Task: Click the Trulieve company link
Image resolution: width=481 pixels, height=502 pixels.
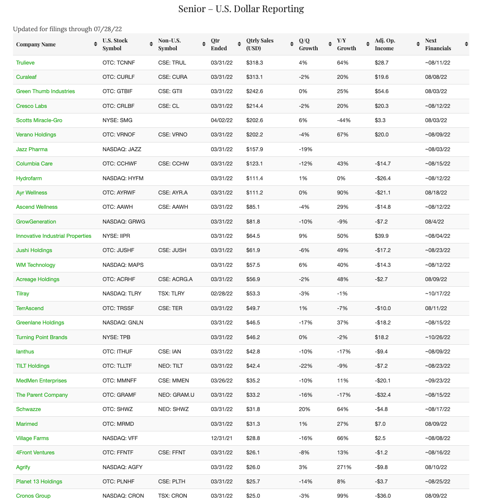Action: [25, 63]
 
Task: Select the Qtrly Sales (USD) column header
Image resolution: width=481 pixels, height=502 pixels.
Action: [260, 44]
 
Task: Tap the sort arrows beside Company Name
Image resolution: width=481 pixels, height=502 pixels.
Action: [95, 44]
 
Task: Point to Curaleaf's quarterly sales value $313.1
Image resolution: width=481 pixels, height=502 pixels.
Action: [254, 77]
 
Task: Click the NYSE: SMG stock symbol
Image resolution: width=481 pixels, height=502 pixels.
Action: [117, 120]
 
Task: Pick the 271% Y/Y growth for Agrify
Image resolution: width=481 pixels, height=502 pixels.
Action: [344, 467]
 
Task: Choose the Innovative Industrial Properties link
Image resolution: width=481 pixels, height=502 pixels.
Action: [54, 236]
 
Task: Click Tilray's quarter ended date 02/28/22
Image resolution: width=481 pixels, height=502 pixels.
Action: [221, 294]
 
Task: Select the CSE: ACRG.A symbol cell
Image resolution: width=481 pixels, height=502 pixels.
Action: [175, 279]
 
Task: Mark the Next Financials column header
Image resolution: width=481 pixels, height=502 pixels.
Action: [438, 44]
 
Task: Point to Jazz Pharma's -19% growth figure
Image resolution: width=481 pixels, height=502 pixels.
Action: [305, 149]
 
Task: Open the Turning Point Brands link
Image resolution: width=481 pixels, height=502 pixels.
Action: [42, 337]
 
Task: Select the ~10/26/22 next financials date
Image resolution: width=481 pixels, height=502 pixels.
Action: [438, 337]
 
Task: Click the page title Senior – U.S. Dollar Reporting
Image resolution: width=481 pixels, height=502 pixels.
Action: [241, 9]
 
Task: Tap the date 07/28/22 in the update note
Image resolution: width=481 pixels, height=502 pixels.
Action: [107, 29]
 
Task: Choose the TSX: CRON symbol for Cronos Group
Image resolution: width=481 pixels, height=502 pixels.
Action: [172, 496]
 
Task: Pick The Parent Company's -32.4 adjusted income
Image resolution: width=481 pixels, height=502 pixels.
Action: [383, 395]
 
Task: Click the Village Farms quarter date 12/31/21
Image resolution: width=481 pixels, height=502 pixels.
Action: [221, 438]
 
